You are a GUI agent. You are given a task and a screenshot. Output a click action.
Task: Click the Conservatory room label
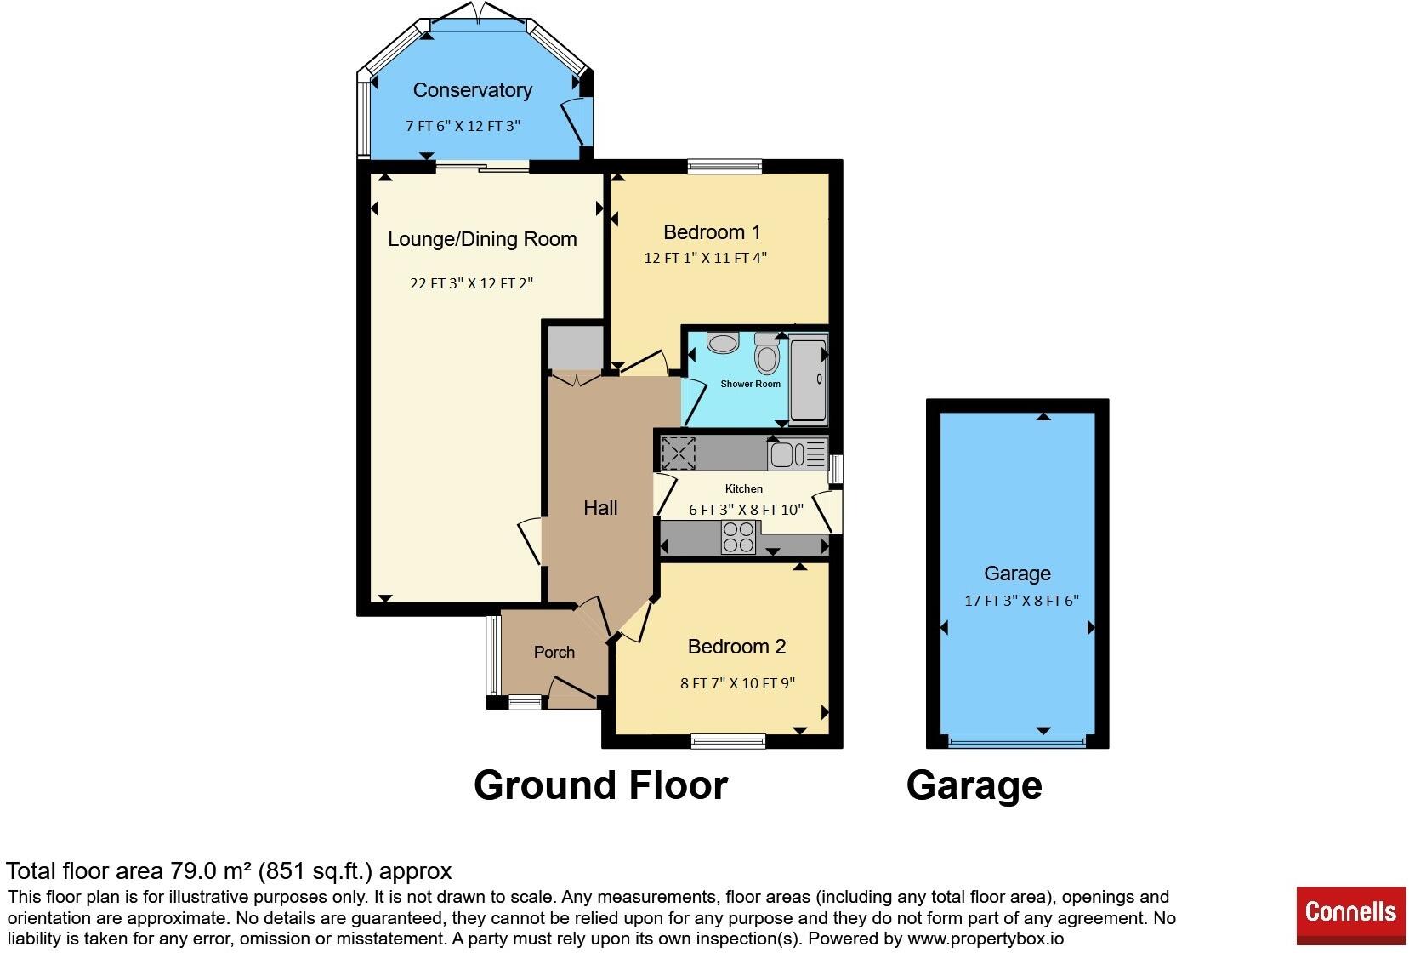(x=473, y=90)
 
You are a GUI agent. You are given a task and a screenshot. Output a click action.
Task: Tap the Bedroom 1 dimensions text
(x=705, y=258)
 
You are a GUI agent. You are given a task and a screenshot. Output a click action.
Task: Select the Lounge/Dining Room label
(x=482, y=239)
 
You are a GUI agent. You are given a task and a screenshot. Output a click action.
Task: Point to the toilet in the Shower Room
(x=767, y=353)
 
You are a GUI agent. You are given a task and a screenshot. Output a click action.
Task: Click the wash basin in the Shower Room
(x=722, y=343)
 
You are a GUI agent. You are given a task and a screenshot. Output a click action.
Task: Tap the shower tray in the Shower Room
(x=809, y=380)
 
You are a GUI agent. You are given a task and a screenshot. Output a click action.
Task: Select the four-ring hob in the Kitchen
(x=738, y=538)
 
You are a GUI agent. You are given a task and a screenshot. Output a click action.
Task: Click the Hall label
(x=600, y=508)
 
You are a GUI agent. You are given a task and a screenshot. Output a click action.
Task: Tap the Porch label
(x=554, y=652)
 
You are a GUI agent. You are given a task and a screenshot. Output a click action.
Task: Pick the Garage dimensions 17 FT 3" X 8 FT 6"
(x=1021, y=601)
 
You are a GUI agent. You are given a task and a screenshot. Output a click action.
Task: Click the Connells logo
(x=1350, y=916)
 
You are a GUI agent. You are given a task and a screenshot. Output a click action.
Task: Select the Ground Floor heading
(x=600, y=785)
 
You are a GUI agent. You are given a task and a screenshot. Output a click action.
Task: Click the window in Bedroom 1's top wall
(x=724, y=166)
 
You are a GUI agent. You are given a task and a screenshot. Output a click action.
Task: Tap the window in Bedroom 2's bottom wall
(x=729, y=741)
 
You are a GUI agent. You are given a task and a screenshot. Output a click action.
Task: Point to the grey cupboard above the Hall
(x=576, y=347)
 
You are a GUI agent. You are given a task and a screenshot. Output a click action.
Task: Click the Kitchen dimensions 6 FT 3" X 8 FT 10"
(x=746, y=509)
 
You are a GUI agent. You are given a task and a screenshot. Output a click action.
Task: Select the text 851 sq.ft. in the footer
(x=315, y=871)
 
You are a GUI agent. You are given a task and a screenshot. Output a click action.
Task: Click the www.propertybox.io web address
(x=986, y=939)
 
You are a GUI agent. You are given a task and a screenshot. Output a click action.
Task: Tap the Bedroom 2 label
(x=736, y=647)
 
